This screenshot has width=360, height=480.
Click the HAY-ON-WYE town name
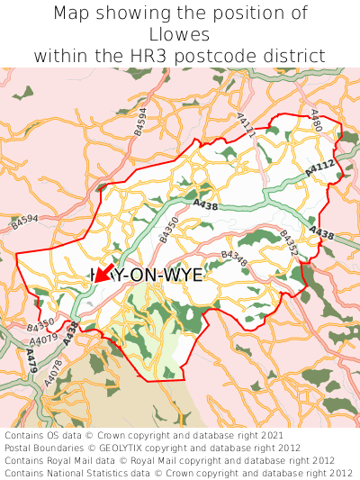tap(147, 276)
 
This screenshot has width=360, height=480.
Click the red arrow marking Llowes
tap(102, 274)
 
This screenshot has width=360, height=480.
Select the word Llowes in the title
tap(180, 34)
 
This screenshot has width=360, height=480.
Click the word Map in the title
tap(72, 14)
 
